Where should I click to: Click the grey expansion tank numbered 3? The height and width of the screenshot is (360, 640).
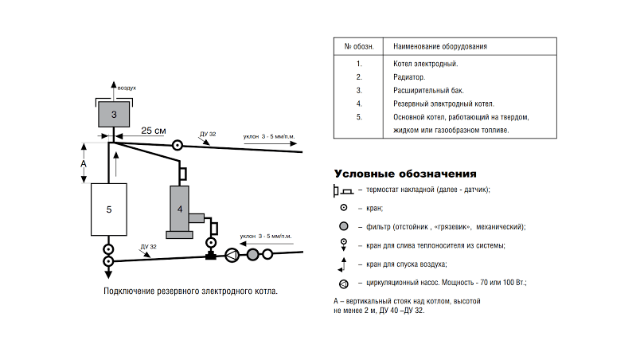(x=115, y=115)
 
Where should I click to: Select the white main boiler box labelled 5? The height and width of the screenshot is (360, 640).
(x=110, y=209)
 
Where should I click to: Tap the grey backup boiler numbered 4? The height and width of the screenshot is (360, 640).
(x=180, y=209)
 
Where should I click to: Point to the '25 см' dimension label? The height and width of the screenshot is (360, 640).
(x=154, y=130)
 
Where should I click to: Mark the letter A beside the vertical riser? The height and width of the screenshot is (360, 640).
(x=84, y=162)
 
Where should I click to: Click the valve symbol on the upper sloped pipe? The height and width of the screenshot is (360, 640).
(x=177, y=145)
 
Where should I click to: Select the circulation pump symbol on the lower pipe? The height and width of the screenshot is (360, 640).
(x=232, y=255)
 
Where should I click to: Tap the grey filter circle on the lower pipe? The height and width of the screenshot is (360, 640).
(x=253, y=255)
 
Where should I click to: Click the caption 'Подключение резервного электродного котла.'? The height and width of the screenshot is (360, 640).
(x=191, y=292)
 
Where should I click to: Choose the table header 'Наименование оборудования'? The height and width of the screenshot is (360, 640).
(x=440, y=47)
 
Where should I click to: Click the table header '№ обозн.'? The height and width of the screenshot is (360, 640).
(x=359, y=47)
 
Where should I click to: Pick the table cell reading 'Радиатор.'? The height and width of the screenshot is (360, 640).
(x=409, y=76)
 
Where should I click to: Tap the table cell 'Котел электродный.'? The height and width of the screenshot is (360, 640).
(x=426, y=63)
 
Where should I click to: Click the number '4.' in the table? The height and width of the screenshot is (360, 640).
(x=359, y=104)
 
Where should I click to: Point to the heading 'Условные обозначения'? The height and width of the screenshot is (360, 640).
(x=405, y=173)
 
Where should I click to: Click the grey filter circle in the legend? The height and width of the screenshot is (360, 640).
(x=344, y=226)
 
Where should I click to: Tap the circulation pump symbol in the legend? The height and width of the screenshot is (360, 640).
(x=344, y=283)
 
